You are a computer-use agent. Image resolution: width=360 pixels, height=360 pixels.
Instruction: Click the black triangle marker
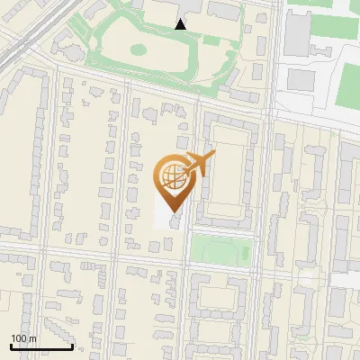tap(181, 24)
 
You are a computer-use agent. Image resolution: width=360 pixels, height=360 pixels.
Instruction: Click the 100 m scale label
tap(23, 338)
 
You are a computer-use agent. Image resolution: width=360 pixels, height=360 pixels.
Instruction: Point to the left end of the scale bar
tap(10, 346)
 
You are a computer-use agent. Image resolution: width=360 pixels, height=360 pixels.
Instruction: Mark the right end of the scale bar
tap(72, 346)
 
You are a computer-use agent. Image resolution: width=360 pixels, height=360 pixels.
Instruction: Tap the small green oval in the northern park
tap(139, 47)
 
